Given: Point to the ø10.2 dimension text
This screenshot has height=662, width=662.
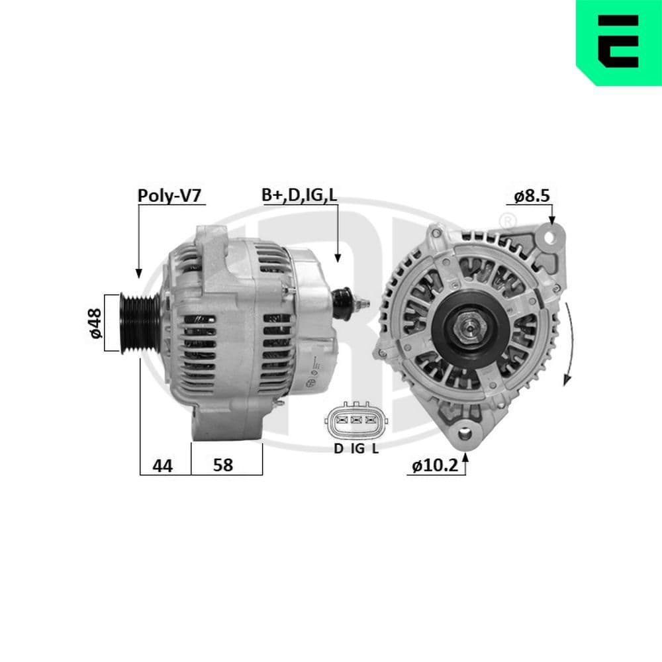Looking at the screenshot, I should (434, 465).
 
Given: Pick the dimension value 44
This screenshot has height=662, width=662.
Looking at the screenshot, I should (162, 465).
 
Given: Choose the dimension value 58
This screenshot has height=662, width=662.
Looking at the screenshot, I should (223, 465).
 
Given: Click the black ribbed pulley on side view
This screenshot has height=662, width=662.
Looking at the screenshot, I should (136, 322).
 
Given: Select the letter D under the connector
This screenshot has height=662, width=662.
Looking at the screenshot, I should (338, 449).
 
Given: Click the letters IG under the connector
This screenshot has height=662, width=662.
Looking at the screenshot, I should (357, 449).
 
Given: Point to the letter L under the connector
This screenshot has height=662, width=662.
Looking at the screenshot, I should (375, 449).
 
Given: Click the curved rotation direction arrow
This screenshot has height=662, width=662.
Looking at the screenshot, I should (569, 344).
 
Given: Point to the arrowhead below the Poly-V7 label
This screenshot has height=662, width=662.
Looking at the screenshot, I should (138, 272).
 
